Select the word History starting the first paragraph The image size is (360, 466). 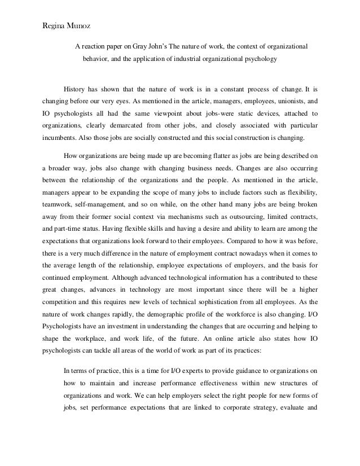76,89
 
